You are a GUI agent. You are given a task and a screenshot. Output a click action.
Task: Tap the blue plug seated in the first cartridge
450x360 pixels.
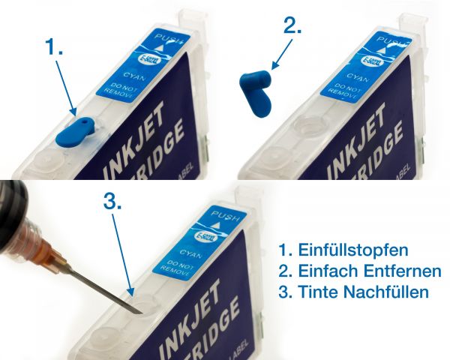tap(78, 130)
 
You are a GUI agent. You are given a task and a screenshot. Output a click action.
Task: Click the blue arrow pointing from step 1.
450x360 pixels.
tap(66, 88)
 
